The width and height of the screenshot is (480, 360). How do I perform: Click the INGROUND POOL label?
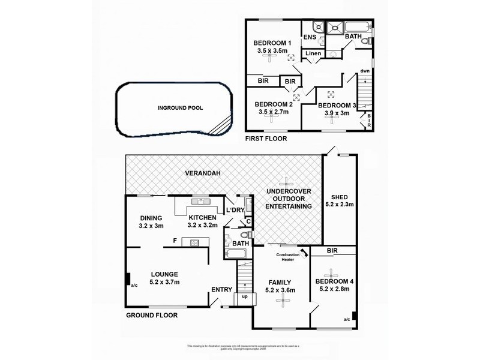(179, 109)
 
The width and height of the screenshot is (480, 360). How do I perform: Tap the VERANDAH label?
(203, 173)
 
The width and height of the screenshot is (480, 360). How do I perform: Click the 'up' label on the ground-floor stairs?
(244, 296)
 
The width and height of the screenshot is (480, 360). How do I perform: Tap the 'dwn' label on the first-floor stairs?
(364, 71)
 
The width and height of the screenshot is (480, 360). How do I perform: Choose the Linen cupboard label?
(313, 54)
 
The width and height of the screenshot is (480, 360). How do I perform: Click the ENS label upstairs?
(310, 37)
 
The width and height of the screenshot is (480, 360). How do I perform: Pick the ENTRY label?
(221, 290)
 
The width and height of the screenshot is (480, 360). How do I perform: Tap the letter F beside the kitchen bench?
(175, 241)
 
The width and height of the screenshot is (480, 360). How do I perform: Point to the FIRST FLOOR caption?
(265, 139)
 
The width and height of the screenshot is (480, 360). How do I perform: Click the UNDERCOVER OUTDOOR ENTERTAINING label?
(290, 199)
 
